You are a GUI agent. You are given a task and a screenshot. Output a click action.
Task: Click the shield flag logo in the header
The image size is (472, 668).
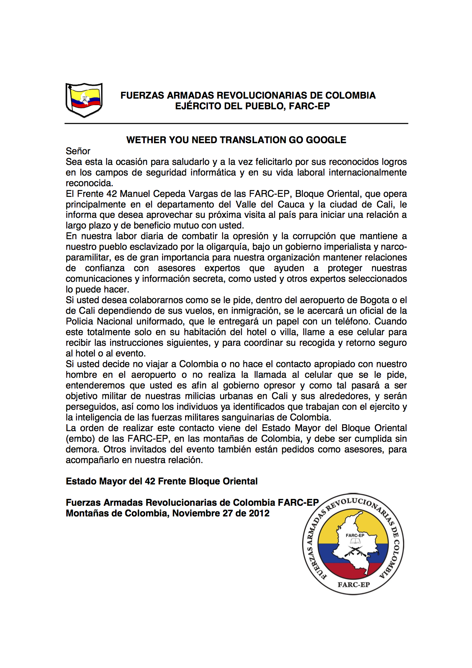(x=84, y=100)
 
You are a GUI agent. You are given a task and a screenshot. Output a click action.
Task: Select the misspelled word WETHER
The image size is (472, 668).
(x=146, y=140)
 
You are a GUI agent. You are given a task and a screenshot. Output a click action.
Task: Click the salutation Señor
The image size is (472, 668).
(x=78, y=151)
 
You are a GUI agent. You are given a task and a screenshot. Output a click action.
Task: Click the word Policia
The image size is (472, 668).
(x=80, y=321)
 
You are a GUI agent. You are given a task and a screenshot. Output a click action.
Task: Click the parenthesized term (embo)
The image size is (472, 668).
(x=80, y=439)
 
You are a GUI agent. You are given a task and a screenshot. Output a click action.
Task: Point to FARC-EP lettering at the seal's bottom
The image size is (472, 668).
(x=354, y=585)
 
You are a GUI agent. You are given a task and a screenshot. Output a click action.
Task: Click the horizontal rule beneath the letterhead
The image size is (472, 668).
(x=236, y=123)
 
